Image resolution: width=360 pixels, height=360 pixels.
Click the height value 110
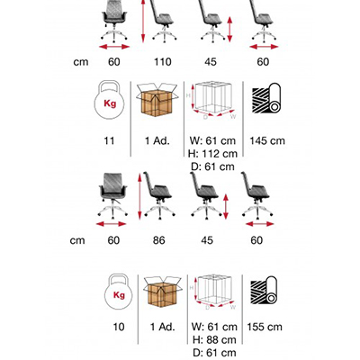tap(163, 62)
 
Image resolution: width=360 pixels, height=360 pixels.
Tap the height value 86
tap(158, 240)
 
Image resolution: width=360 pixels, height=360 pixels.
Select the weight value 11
tap(109, 140)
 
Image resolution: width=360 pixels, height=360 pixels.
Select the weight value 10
tap(119, 327)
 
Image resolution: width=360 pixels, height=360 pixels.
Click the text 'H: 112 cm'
tap(212, 154)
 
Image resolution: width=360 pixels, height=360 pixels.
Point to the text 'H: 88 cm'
tap(214, 340)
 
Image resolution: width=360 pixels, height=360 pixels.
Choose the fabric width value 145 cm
tap(267, 140)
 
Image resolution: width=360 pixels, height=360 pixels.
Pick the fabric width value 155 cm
tap(265, 327)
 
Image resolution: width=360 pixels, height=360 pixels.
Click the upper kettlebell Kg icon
tap(110, 100)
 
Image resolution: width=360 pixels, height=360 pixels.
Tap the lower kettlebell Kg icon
tap(119, 291)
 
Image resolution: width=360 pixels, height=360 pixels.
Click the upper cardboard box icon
tap(157, 99)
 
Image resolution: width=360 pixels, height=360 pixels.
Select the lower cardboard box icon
tap(163, 292)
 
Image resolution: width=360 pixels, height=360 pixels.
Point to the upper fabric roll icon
tap(266, 98)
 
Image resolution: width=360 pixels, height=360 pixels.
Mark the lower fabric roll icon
tap(264, 291)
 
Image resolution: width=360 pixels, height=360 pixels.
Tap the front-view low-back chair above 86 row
tap(112, 195)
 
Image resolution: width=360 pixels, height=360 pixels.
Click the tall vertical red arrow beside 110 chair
tap(143, 21)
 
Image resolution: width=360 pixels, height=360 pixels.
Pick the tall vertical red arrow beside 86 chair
tap(139, 196)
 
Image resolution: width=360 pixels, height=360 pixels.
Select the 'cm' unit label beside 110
tap(81, 62)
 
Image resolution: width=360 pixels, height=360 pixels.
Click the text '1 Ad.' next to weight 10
tap(162, 327)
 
